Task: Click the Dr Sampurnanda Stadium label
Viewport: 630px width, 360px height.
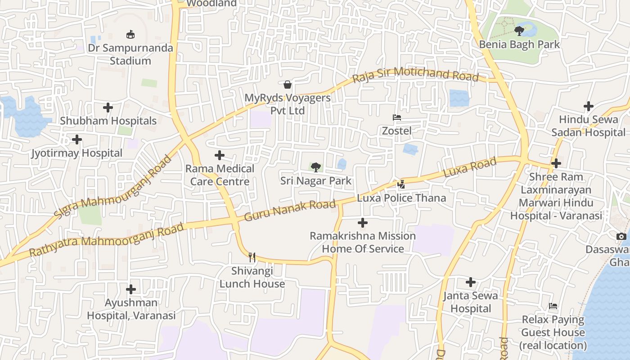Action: tap(130, 54)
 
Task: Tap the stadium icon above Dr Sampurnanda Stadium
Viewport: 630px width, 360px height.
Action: tap(130, 34)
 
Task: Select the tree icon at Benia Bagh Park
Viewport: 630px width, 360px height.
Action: tap(519, 31)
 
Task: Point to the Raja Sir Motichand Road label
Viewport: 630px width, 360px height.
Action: tap(415, 75)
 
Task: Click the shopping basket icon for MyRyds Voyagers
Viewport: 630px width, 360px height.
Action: tap(287, 84)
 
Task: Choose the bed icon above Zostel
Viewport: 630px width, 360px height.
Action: tap(396, 117)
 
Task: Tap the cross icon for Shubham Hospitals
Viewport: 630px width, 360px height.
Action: tap(108, 108)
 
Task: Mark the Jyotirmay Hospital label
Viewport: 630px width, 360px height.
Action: tap(76, 153)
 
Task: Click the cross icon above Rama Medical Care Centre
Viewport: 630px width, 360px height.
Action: tap(220, 155)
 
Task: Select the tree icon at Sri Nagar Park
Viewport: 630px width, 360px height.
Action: tap(316, 167)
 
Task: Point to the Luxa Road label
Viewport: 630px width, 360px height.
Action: tap(470, 167)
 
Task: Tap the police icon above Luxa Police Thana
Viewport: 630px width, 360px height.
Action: tap(401, 184)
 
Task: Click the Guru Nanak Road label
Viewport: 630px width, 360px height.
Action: tap(290, 210)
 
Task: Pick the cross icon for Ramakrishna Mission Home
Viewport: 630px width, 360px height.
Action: tap(363, 223)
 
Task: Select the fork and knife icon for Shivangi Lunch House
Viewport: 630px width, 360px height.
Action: tap(252, 257)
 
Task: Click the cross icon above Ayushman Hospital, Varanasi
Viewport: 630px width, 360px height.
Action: tap(131, 289)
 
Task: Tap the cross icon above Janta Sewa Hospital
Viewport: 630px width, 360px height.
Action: tap(471, 282)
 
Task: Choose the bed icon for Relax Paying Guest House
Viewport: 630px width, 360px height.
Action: tap(553, 306)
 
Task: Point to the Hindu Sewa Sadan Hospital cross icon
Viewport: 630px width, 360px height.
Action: tap(588, 106)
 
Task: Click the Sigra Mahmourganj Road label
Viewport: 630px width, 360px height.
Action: tap(113, 187)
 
